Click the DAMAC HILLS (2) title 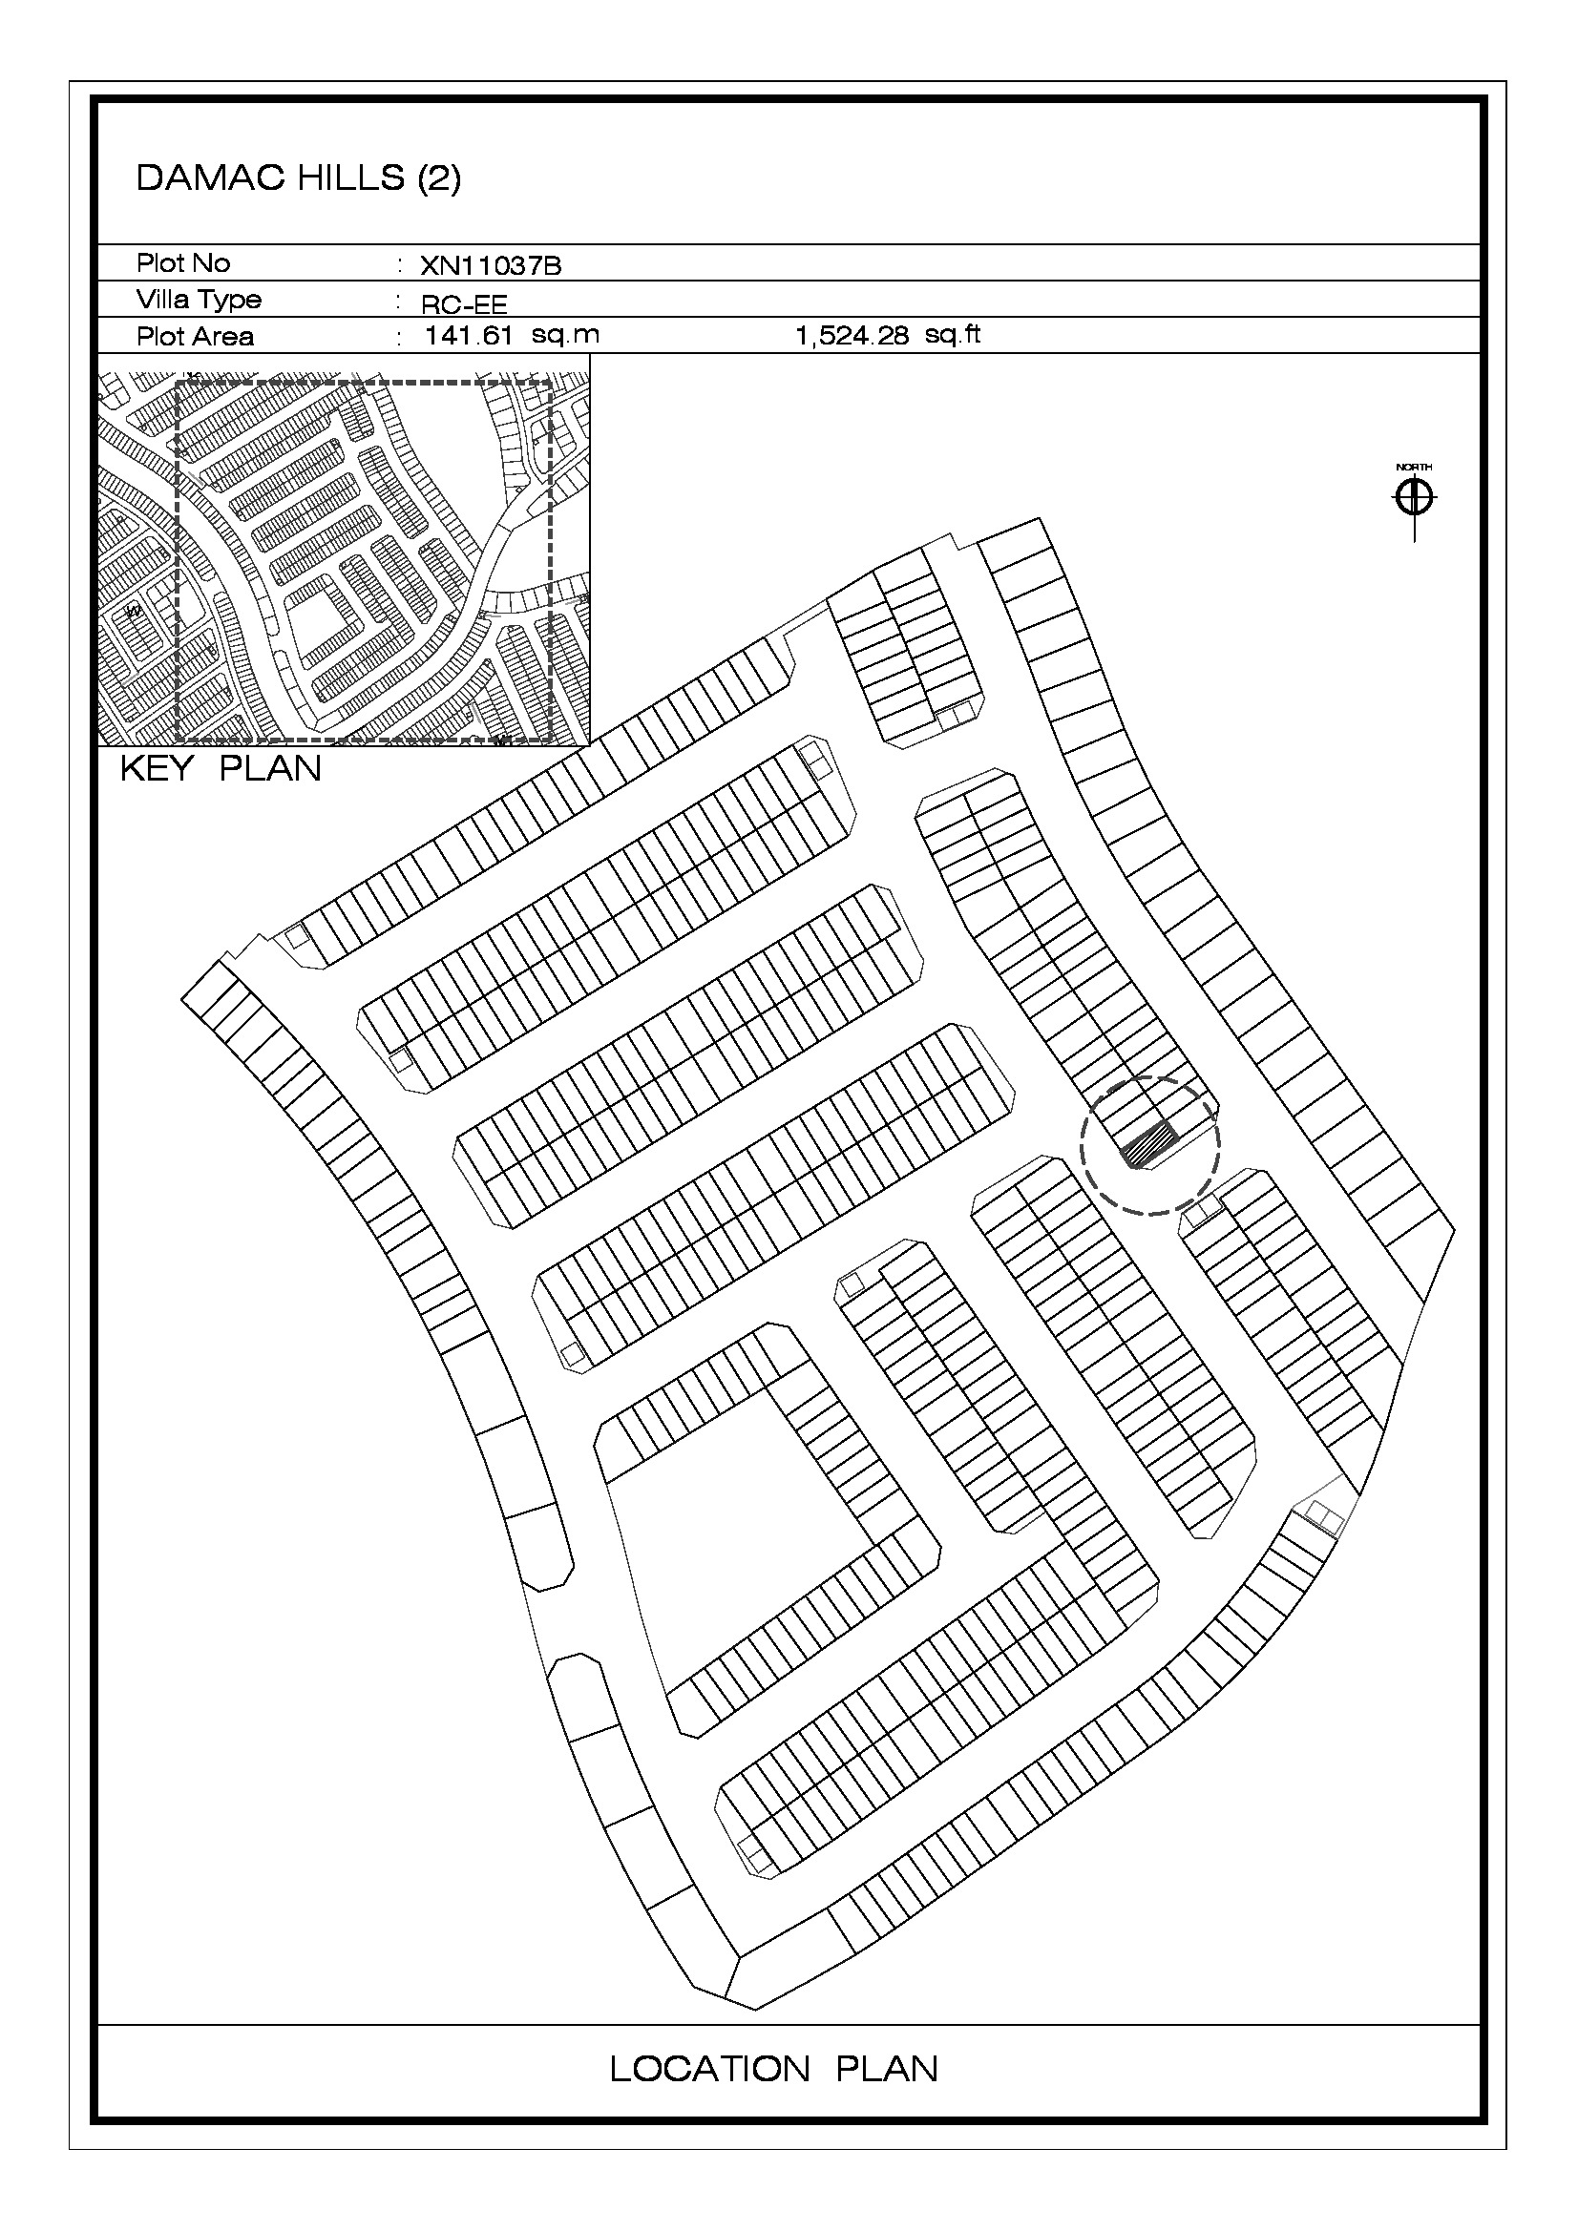(x=299, y=177)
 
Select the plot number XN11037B (x=491, y=265)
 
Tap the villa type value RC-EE (x=464, y=304)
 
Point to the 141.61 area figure (x=470, y=335)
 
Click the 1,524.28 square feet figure (x=852, y=336)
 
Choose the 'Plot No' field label (x=182, y=262)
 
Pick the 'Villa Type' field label (x=199, y=300)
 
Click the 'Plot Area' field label (x=195, y=336)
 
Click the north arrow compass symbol (x=1415, y=499)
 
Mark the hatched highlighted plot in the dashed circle (x=1149, y=1144)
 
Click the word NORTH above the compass (x=1415, y=468)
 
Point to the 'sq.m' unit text (x=566, y=335)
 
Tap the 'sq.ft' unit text (x=953, y=335)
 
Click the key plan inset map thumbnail (x=345, y=551)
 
